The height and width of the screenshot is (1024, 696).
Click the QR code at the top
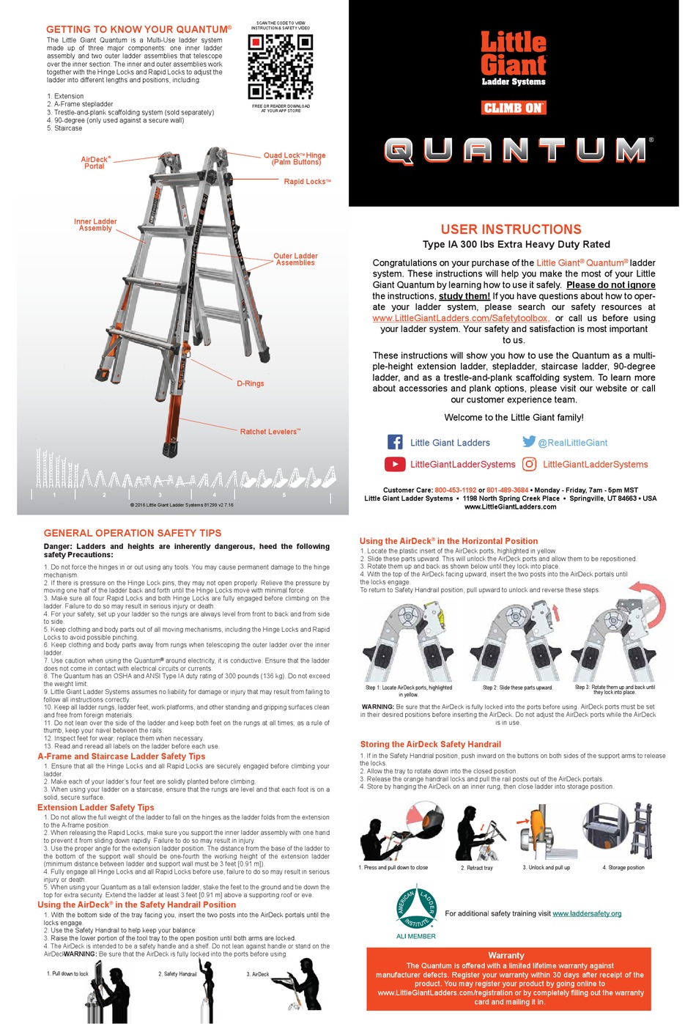tap(280, 67)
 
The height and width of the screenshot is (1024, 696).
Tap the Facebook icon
tap(395, 442)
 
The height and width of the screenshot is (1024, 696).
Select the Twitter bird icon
tap(529, 441)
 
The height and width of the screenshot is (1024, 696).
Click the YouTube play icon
tap(395, 464)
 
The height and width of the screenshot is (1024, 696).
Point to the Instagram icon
tap(530, 464)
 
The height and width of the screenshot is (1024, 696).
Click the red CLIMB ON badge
tap(514, 108)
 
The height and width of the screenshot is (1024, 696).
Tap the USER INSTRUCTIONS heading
tap(511, 229)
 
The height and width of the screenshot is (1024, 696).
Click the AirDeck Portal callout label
tap(95, 163)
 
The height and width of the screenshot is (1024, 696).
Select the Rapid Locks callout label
tap(307, 182)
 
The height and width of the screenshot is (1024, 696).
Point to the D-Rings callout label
tap(250, 383)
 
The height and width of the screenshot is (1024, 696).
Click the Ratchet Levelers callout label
tap(270, 432)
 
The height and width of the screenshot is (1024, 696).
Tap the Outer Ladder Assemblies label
tap(295, 259)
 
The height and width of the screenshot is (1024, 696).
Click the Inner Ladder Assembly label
tap(95, 225)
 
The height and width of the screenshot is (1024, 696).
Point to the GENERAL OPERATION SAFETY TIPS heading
tap(133, 533)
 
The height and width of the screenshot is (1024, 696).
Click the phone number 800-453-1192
tap(455, 490)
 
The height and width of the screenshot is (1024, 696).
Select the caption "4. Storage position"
tap(623, 867)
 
